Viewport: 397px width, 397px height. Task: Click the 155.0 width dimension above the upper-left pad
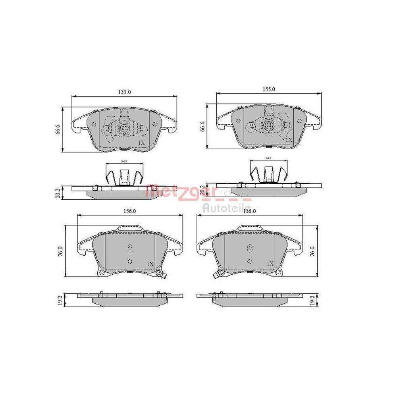click(x=124, y=92)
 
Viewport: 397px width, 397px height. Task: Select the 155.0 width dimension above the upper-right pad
click(x=269, y=90)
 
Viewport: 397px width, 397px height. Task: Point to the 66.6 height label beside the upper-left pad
click(x=58, y=129)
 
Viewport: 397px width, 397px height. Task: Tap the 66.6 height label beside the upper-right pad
click(x=202, y=127)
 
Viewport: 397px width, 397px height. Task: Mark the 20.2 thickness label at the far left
click(x=58, y=193)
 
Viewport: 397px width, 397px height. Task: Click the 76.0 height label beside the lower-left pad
click(x=60, y=251)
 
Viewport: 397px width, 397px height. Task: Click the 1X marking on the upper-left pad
click(x=141, y=142)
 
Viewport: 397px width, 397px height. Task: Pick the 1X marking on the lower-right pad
click(x=270, y=264)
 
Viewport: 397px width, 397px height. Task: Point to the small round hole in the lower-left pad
click(x=130, y=261)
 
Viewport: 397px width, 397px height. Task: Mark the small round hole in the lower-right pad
click(x=250, y=261)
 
